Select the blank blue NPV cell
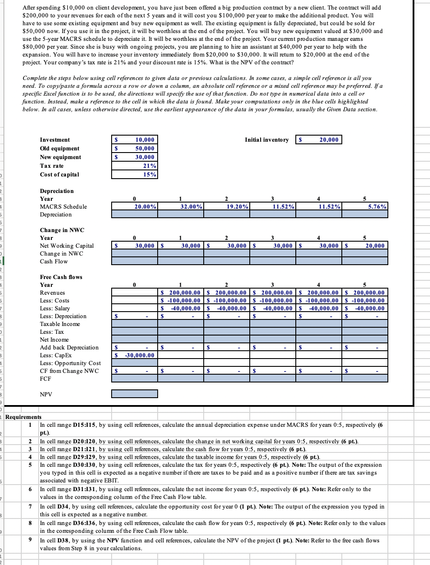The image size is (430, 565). [x=135, y=394]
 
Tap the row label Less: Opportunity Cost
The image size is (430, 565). [x=70, y=363]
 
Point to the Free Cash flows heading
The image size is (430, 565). [x=61, y=277]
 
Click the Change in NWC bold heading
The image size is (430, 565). [x=62, y=230]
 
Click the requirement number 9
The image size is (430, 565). [x=30, y=540]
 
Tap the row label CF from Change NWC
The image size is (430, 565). [x=69, y=371]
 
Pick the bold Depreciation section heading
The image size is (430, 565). [x=57, y=191]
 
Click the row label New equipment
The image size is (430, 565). [x=60, y=157]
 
